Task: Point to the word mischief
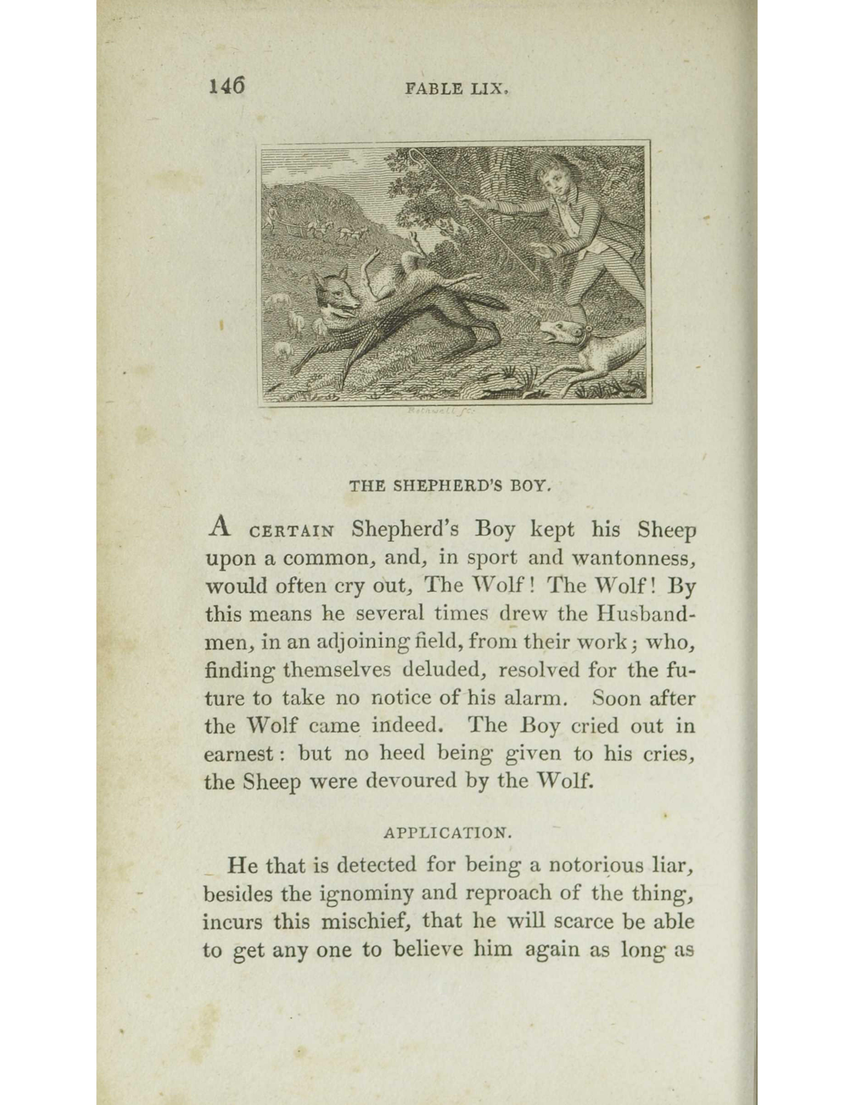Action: (367, 921)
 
